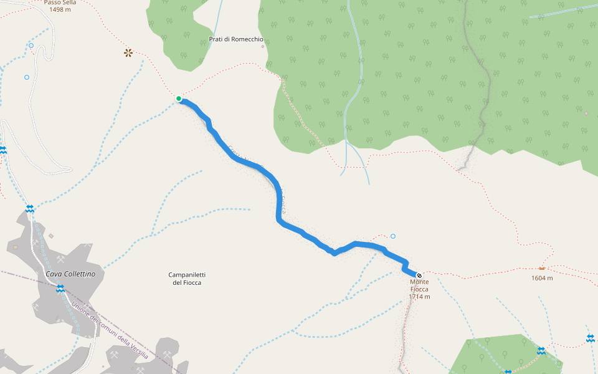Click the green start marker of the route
(179, 98)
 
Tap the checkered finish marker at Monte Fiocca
(419, 275)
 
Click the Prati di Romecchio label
(236, 39)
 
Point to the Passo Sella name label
(60, 2)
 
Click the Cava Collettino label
(70, 274)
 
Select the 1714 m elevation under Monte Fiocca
(420, 297)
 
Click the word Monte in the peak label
(419, 282)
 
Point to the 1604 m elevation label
(542, 278)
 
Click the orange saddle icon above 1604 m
(542, 269)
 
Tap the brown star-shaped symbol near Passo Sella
(128, 53)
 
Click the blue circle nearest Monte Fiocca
(393, 236)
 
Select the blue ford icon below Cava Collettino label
(60, 289)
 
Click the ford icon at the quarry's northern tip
(30, 208)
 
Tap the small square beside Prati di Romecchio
(263, 46)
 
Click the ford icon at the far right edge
(590, 338)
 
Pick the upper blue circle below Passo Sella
(31, 46)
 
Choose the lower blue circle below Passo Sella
(26, 77)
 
